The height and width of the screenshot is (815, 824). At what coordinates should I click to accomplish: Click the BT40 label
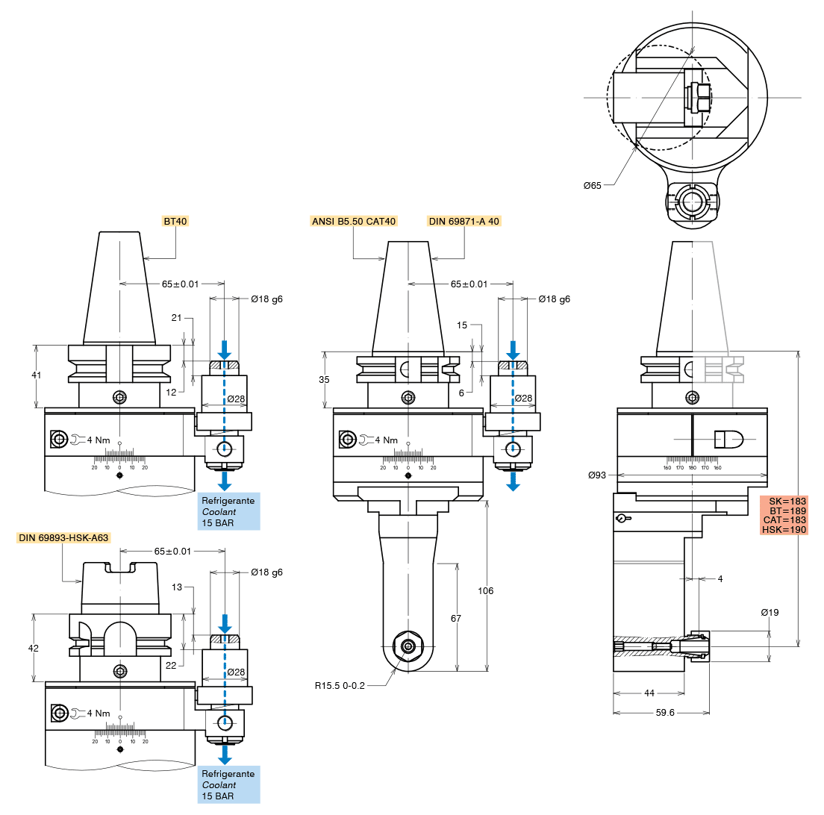[175, 221]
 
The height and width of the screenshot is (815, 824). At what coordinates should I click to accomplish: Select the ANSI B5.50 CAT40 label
[354, 221]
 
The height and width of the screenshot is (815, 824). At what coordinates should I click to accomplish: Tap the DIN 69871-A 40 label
[463, 221]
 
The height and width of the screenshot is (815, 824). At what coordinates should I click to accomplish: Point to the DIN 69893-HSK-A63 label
[63, 537]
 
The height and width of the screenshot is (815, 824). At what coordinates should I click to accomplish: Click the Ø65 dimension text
[592, 185]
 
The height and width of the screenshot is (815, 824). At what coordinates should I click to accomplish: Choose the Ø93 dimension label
[597, 475]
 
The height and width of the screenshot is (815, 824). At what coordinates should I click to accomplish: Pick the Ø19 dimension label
[770, 613]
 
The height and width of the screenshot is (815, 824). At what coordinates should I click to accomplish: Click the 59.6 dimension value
[665, 713]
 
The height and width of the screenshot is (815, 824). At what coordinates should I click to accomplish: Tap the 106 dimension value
[486, 590]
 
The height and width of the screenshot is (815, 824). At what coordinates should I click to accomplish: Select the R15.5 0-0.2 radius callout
[340, 685]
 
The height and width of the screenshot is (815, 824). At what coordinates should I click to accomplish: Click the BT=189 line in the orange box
[784, 510]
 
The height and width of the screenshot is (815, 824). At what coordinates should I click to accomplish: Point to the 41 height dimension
[36, 375]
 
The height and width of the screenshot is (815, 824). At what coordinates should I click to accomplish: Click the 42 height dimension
[34, 649]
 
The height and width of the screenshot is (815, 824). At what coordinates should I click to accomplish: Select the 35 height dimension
[324, 380]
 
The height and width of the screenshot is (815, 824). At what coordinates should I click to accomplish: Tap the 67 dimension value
[456, 619]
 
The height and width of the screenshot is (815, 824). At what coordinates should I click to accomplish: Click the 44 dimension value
[649, 693]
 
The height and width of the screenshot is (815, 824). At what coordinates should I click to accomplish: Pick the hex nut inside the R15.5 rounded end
[408, 646]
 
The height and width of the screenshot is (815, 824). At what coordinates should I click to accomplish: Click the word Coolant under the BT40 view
[219, 512]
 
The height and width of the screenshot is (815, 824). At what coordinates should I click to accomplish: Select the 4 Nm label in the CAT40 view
[387, 440]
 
